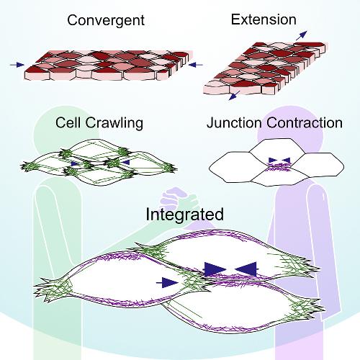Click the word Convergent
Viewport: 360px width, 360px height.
[x=106, y=21]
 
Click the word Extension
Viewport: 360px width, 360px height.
[x=264, y=19]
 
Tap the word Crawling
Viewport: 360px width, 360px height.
[x=114, y=123]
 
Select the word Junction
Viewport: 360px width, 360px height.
[x=234, y=122]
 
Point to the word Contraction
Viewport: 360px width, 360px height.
[x=305, y=122]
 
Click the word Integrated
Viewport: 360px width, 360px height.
[x=184, y=215]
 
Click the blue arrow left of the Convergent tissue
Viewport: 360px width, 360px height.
[x=17, y=65]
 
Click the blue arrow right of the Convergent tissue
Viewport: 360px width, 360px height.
[x=196, y=65]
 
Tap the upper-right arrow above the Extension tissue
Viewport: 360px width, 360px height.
[x=302, y=35]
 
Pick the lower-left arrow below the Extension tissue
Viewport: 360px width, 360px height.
[x=235, y=95]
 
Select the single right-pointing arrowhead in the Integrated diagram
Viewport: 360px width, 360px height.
[x=167, y=283]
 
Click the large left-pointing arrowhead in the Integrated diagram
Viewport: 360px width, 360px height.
[x=246, y=269]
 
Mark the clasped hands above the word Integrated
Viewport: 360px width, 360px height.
[x=179, y=199]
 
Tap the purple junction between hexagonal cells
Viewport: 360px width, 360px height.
[x=279, y=166]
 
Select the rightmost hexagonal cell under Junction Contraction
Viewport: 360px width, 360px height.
[x=318, y=165]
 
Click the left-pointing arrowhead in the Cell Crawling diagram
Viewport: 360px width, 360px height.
[x=125, y=163]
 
